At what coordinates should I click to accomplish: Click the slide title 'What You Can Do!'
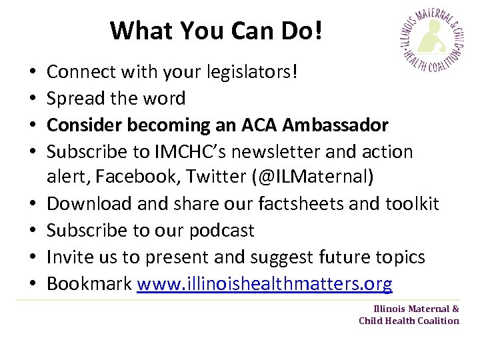(216, 30)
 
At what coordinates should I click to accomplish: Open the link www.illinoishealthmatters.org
(265, 284)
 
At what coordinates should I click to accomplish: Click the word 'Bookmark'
(89, 284)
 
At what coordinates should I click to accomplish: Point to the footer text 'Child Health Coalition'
(409, 321)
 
